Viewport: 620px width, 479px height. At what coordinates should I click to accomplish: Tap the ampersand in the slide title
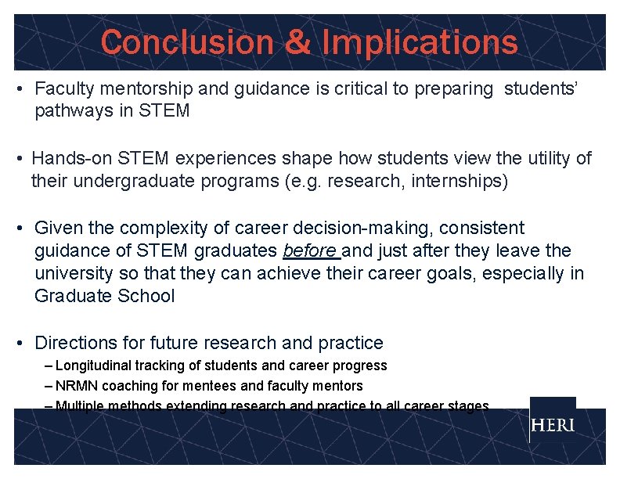[x=297, y=42]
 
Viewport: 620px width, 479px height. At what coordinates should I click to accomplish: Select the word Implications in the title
[x=420, y=42]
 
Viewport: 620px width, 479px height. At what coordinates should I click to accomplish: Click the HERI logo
[x=552, y=426]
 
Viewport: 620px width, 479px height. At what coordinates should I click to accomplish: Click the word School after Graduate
[x=147, y=297]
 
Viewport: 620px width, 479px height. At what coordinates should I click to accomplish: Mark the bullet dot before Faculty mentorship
[x=19, y=89]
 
